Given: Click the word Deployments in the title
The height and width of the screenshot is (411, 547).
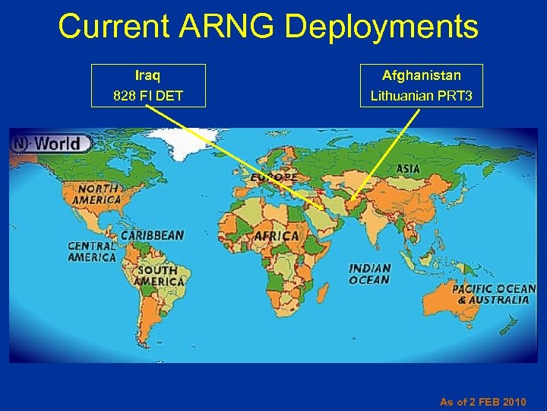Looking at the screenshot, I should coord(381,27).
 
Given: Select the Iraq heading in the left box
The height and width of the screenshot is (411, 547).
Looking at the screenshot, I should coord(147,75).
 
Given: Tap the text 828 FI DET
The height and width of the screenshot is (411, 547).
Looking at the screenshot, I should coord(147,96).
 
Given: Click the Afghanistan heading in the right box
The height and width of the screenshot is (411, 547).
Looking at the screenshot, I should coord(422,75).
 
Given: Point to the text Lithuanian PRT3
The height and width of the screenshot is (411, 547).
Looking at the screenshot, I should coord(422,96).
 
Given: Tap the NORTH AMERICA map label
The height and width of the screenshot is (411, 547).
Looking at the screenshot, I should coord(96,193).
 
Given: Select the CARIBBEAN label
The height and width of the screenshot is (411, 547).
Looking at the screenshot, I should coord(152,235).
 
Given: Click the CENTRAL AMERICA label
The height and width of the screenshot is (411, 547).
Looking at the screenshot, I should coord(92,251).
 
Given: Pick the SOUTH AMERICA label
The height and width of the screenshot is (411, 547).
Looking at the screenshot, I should coord(157,276).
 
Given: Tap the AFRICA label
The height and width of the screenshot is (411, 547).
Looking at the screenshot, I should coord(276,236).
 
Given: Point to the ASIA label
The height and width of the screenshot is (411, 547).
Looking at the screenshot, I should coord(408,168).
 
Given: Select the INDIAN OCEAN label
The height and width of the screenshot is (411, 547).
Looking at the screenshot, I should coord(370,274).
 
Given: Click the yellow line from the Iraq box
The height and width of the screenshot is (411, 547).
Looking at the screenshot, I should coord(228,152).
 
